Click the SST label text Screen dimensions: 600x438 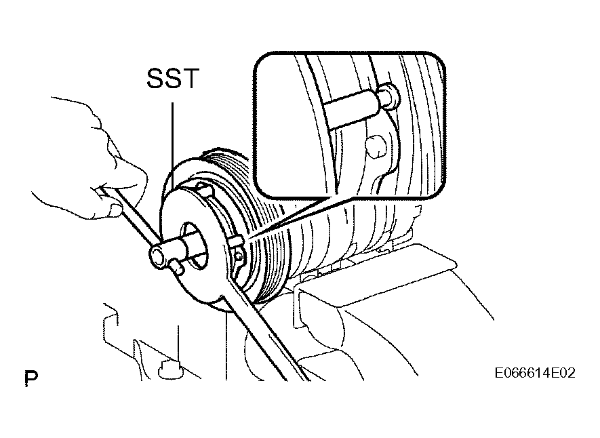(x=173, y=79)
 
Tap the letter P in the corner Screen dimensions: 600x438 (x=31, y=378)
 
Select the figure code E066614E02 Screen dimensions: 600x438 (x=534, y=373)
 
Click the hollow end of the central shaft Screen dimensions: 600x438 (x=158, y=255)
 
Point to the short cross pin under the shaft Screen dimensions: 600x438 (x=177, y=266)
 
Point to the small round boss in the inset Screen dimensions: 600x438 (x=375, y=145)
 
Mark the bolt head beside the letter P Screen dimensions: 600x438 (x=169, y=370)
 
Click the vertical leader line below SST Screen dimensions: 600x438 (x=173, y=145)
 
